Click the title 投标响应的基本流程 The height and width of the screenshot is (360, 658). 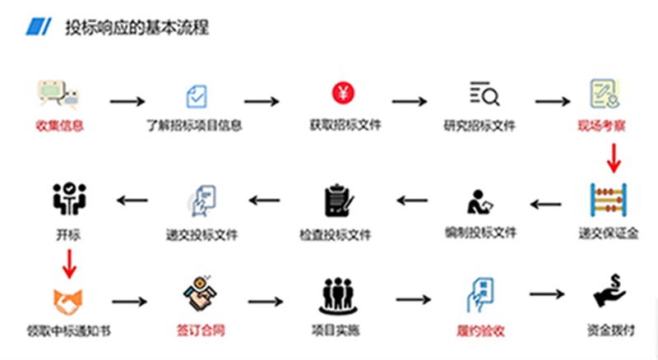[137, 28]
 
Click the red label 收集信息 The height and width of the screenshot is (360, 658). [60, 127]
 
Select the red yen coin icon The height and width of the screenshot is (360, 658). [341, 93]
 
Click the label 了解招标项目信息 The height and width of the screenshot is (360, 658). [194, 127]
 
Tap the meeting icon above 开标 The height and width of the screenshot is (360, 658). [69, 198]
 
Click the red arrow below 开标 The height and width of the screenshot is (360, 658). [69, 263]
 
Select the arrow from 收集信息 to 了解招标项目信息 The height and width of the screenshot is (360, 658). [127, 101]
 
